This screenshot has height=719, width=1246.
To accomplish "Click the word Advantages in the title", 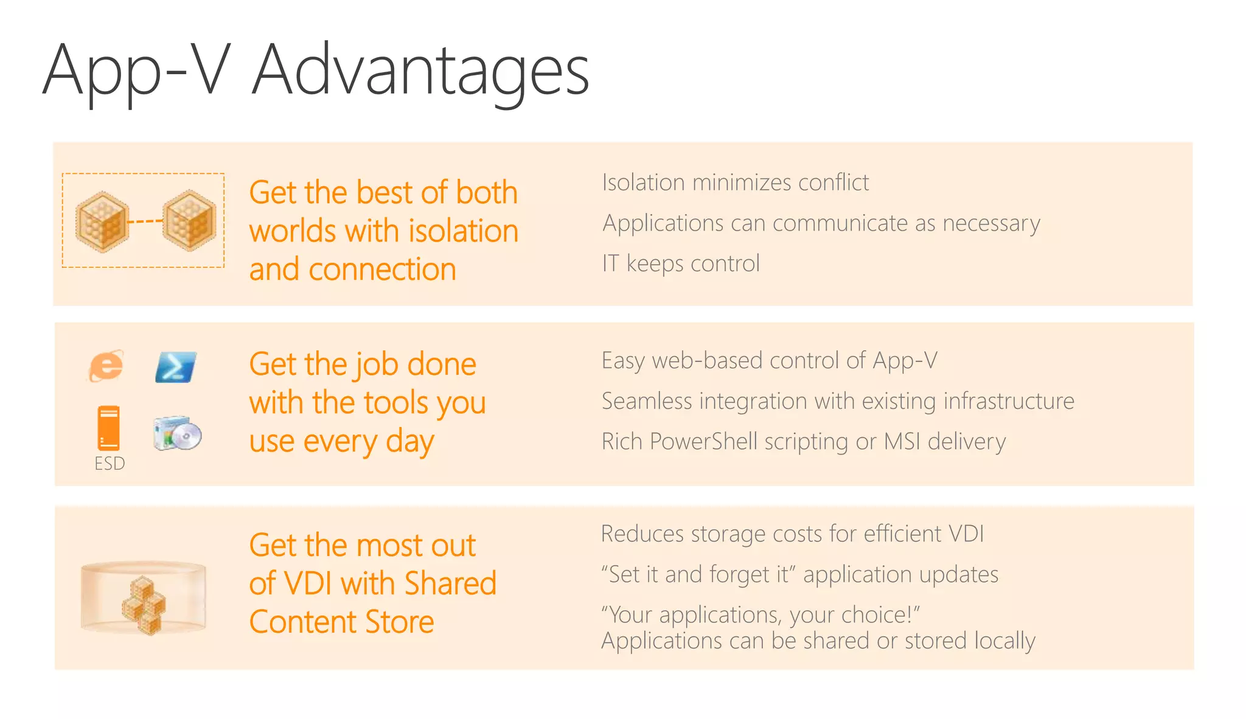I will coord(420,70).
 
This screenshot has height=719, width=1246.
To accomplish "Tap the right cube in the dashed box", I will coord(189,220).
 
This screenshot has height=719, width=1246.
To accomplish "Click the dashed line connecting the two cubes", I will coord(145,221).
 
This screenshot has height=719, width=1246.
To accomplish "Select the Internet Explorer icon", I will coord(106,366).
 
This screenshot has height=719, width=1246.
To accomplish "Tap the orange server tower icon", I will coord(109,428).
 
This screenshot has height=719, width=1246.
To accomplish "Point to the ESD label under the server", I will coord(110,464).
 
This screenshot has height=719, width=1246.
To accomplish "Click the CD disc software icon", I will coord(177,434).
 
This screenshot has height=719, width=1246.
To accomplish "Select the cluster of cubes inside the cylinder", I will coord(144,604).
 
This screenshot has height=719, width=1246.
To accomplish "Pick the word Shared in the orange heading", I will coord(450,583).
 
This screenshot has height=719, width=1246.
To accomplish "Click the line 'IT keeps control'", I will coord(680,263).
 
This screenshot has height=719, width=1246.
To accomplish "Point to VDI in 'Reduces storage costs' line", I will coord(966,533).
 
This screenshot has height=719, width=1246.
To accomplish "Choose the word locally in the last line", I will coord(1004,641).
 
